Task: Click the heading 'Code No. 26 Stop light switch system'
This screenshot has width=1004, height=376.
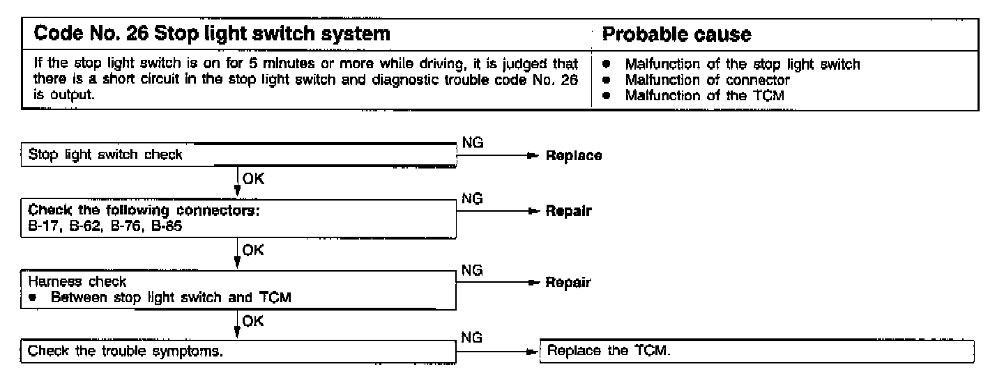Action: click(x=207, y=33)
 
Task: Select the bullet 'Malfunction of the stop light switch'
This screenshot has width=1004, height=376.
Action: click(x=742, y=65)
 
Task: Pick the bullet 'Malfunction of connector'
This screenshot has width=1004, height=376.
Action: click(x=707, y=80)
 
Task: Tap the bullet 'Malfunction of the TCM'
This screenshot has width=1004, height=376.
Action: click(x=704, y=96)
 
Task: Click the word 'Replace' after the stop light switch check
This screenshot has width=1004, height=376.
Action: click(x=573, y=155)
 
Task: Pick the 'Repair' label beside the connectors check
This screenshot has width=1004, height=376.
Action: click(x=568, y=211)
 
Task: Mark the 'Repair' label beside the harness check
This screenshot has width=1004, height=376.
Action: click(x=568, y=283)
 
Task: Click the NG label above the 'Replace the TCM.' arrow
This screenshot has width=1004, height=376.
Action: click(x=472, y=336)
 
